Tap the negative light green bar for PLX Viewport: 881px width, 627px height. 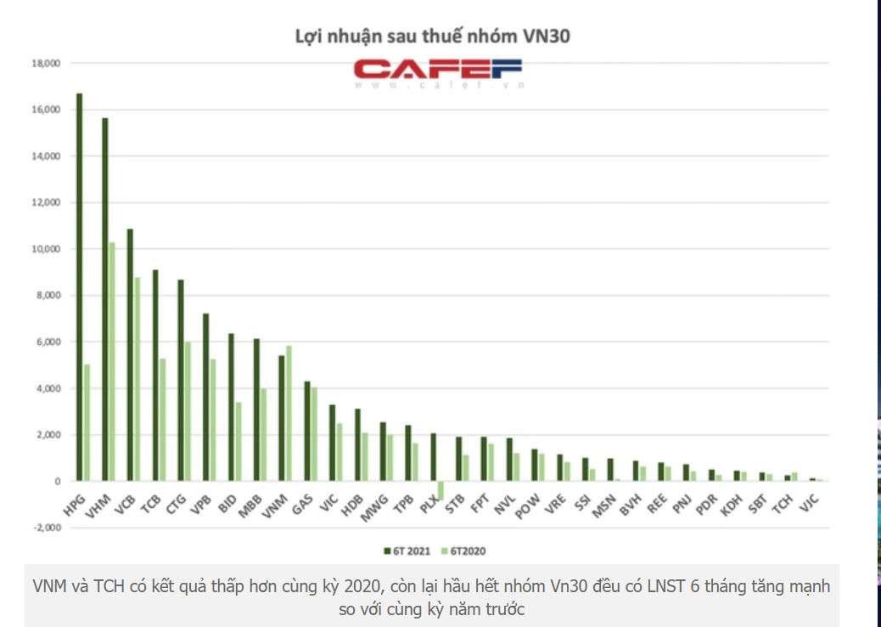coord(440,490)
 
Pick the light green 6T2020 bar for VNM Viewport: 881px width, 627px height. coord(289,413)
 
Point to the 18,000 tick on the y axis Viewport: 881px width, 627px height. coord(46,64)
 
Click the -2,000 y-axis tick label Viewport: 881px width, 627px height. coord(46,528)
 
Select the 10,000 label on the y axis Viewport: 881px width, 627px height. coord(46,250)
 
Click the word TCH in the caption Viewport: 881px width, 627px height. coord(104,587)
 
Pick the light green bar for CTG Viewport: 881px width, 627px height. coord(188,411)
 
